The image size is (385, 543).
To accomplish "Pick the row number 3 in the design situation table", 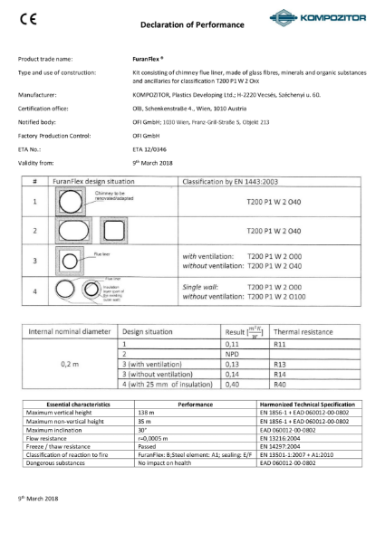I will tap(34, 262).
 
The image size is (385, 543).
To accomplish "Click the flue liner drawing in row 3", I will tap(72, 262).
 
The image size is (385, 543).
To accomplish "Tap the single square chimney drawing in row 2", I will tap(73, 231).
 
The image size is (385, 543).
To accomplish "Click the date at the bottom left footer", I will tap(38, 523).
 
